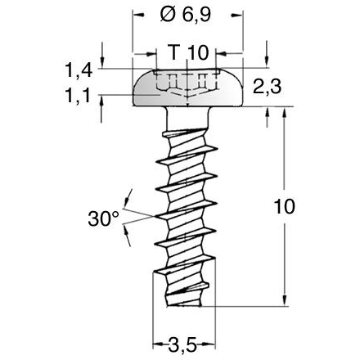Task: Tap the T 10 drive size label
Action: point(188,52)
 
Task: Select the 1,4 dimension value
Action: point(78,70)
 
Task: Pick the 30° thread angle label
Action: point(103,218)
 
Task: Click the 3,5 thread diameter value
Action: point(187,343)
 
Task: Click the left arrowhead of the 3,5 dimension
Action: point(158,342)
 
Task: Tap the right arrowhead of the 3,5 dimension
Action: point(217,342)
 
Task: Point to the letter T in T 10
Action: point(173,52)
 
